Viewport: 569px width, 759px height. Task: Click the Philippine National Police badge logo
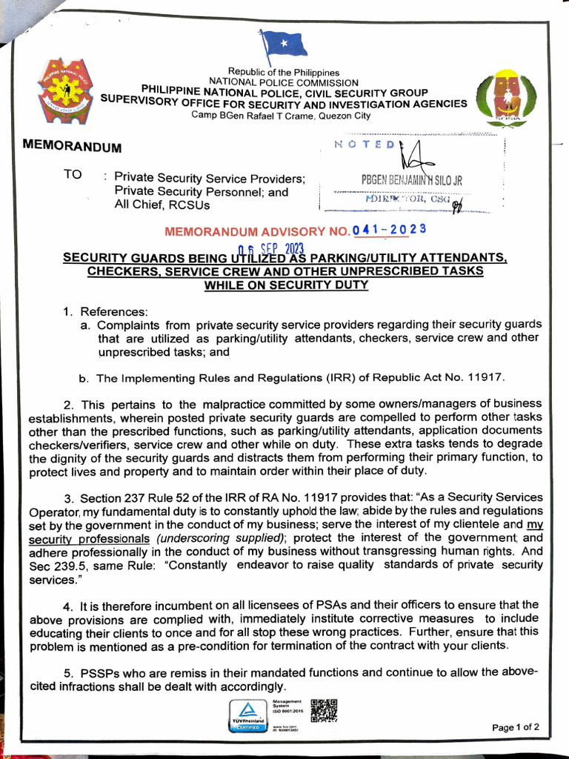(65, 90)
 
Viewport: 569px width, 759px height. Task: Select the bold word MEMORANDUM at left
(73, 146)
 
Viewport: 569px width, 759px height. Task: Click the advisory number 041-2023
(389, 230)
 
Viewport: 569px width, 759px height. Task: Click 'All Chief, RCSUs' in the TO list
(162, 205)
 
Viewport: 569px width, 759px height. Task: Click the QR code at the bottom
(324, 709)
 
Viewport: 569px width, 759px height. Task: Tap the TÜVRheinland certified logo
(248, 715)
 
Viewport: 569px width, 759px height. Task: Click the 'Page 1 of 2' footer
(516, 727)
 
